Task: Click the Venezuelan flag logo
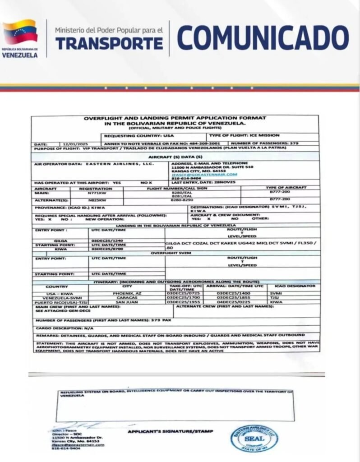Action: click(20, 32)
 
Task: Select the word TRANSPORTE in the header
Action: click(109, 43)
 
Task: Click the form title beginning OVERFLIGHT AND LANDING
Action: click(175, 120)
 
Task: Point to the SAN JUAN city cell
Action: click(129, 302)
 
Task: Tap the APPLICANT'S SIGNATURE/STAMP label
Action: click(170, 431)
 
